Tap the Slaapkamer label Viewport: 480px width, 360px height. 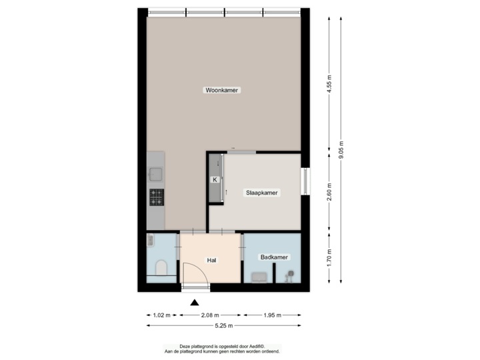pyautogui.click(x=263, y=192)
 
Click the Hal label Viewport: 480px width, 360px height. pyautogui.click(x=211, y=260)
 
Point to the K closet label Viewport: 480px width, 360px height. pyautogui.click(x=215, y=180)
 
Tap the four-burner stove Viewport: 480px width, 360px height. pyautogui.click(x=157, y=197)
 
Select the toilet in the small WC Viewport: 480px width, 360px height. pyautogui.click(x=160, y=269)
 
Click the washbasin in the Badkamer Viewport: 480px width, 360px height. pyautogui.click(x=259, y=277)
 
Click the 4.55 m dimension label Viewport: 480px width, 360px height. pyautogui.click(x=329, y=84)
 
